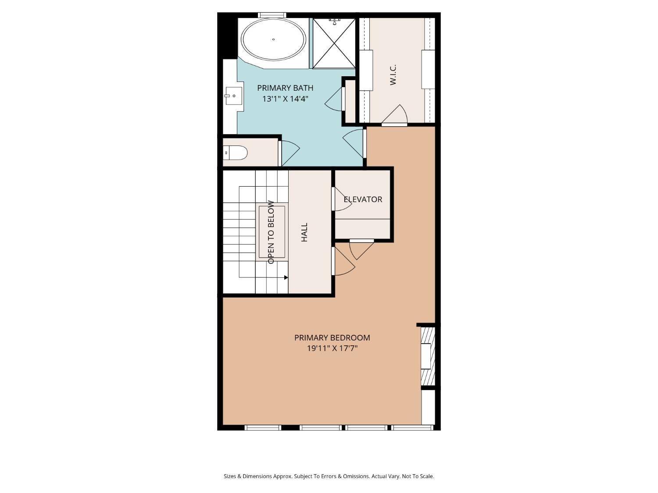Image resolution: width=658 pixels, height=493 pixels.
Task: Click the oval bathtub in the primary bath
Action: (273, 39)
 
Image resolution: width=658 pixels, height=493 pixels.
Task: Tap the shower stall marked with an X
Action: (334, 43)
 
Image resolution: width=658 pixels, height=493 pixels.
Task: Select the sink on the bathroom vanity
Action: (233, 96)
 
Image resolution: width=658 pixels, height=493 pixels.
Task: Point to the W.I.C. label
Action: (393, 75)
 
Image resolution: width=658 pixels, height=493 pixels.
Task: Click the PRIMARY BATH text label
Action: (285, 88)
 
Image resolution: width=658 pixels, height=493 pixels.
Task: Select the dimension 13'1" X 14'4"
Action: (285, 99)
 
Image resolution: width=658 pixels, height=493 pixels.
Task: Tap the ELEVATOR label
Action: (363, 199)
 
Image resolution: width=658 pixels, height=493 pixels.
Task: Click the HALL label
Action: (304, 232)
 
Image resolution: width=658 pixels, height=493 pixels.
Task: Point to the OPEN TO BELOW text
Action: (271, 232)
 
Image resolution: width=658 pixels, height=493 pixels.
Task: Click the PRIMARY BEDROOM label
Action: (332, 338)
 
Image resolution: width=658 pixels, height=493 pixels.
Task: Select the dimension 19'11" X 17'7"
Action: (332, 349)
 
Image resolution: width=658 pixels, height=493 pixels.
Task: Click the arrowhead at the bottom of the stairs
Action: (286, 277)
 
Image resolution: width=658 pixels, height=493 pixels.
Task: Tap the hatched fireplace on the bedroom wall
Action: (427, 356)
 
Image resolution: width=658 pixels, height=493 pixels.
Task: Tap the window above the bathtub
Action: (272, 15)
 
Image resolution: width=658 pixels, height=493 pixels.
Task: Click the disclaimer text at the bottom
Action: (329, 476)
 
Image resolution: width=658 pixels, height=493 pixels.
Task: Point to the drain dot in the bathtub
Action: (273, 39)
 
